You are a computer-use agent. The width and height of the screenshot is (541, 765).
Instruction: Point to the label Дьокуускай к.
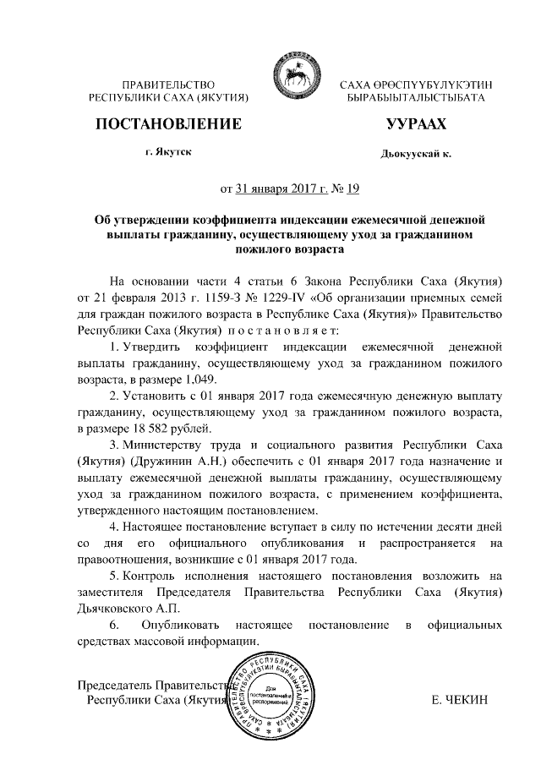[x=416, y=155]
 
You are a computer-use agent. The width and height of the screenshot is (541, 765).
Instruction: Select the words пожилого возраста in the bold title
[x=290, y=250]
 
